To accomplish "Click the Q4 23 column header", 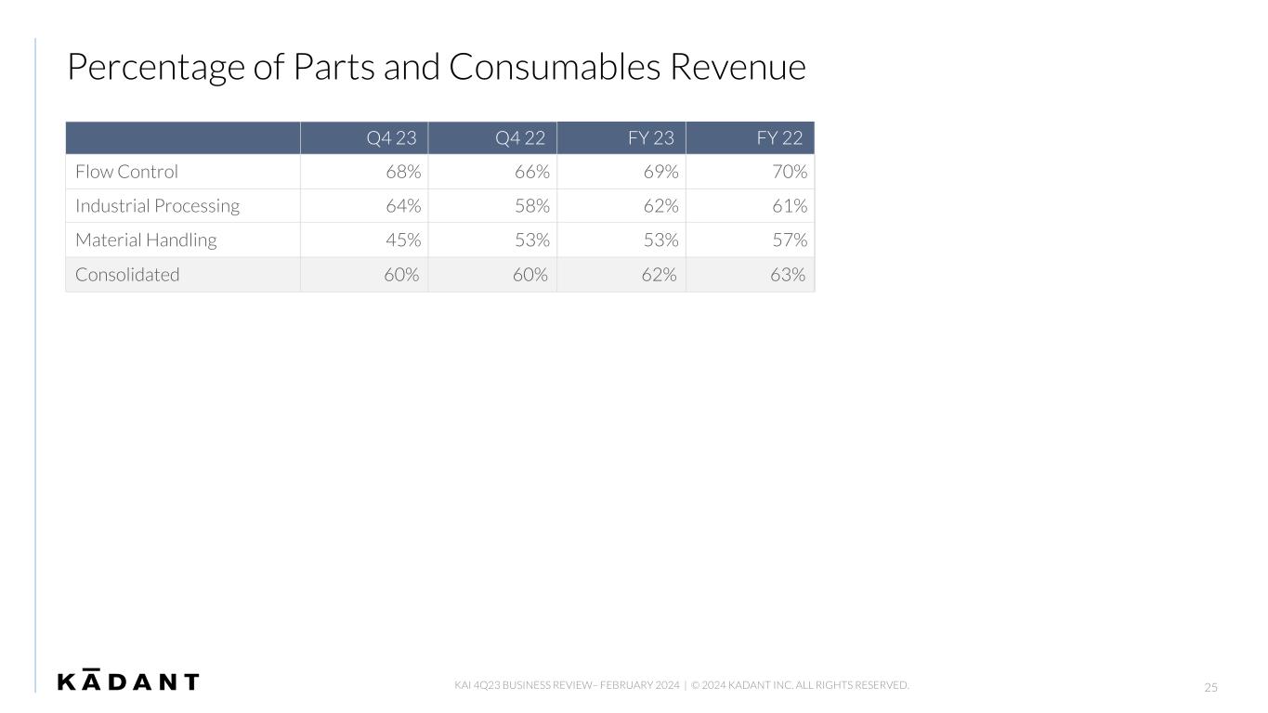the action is [391, 138].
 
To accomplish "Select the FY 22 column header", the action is [779, 138].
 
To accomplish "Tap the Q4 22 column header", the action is [519, 138].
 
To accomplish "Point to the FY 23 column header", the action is [651, 138].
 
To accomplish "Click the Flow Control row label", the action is [126, 172].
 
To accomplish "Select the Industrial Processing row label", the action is [157, 206].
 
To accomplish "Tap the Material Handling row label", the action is [146, 240].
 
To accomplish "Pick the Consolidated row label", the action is [127, 275].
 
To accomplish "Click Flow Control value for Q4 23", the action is [403, 172].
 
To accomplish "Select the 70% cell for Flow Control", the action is [790, 172].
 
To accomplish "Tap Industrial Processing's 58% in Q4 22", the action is [532, 206].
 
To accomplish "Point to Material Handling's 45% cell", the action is [403, 240].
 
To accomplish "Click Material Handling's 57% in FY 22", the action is [790, 240].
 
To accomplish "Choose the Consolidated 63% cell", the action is [788, 275].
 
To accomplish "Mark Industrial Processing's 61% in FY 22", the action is [790, 206].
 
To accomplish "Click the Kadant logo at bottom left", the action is [128, 680].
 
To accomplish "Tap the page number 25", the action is [1210, 688].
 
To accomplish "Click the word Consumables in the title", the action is [555, 67].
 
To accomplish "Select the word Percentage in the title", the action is [156, 69].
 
